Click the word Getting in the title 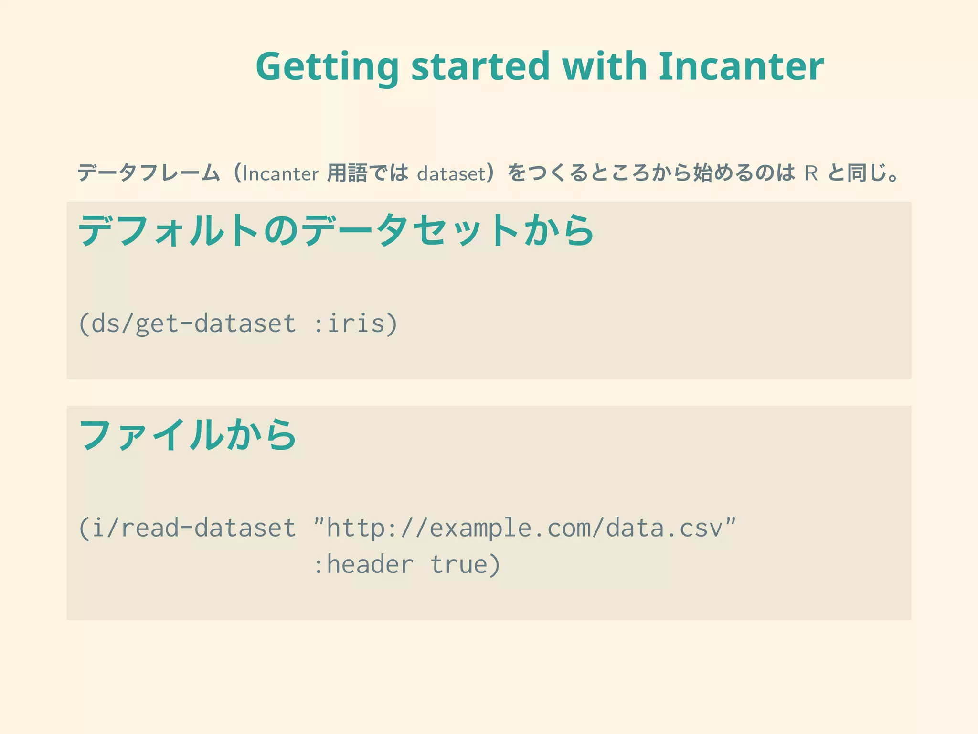coord(327,67)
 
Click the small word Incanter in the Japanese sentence coord(280,173)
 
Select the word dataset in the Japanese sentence coord(451,173)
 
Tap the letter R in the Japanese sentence coord(811,173)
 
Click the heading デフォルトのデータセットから coord(336,231)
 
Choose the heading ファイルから coord(188,435)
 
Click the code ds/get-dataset coord(193,324)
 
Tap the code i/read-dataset coord(193,528)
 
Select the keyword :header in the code coord(363,565)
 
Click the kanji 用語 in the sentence coord(347,173)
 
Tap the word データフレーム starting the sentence coord(149,173)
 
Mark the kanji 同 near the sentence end coord(857,173)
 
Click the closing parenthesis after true coord(495,565)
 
